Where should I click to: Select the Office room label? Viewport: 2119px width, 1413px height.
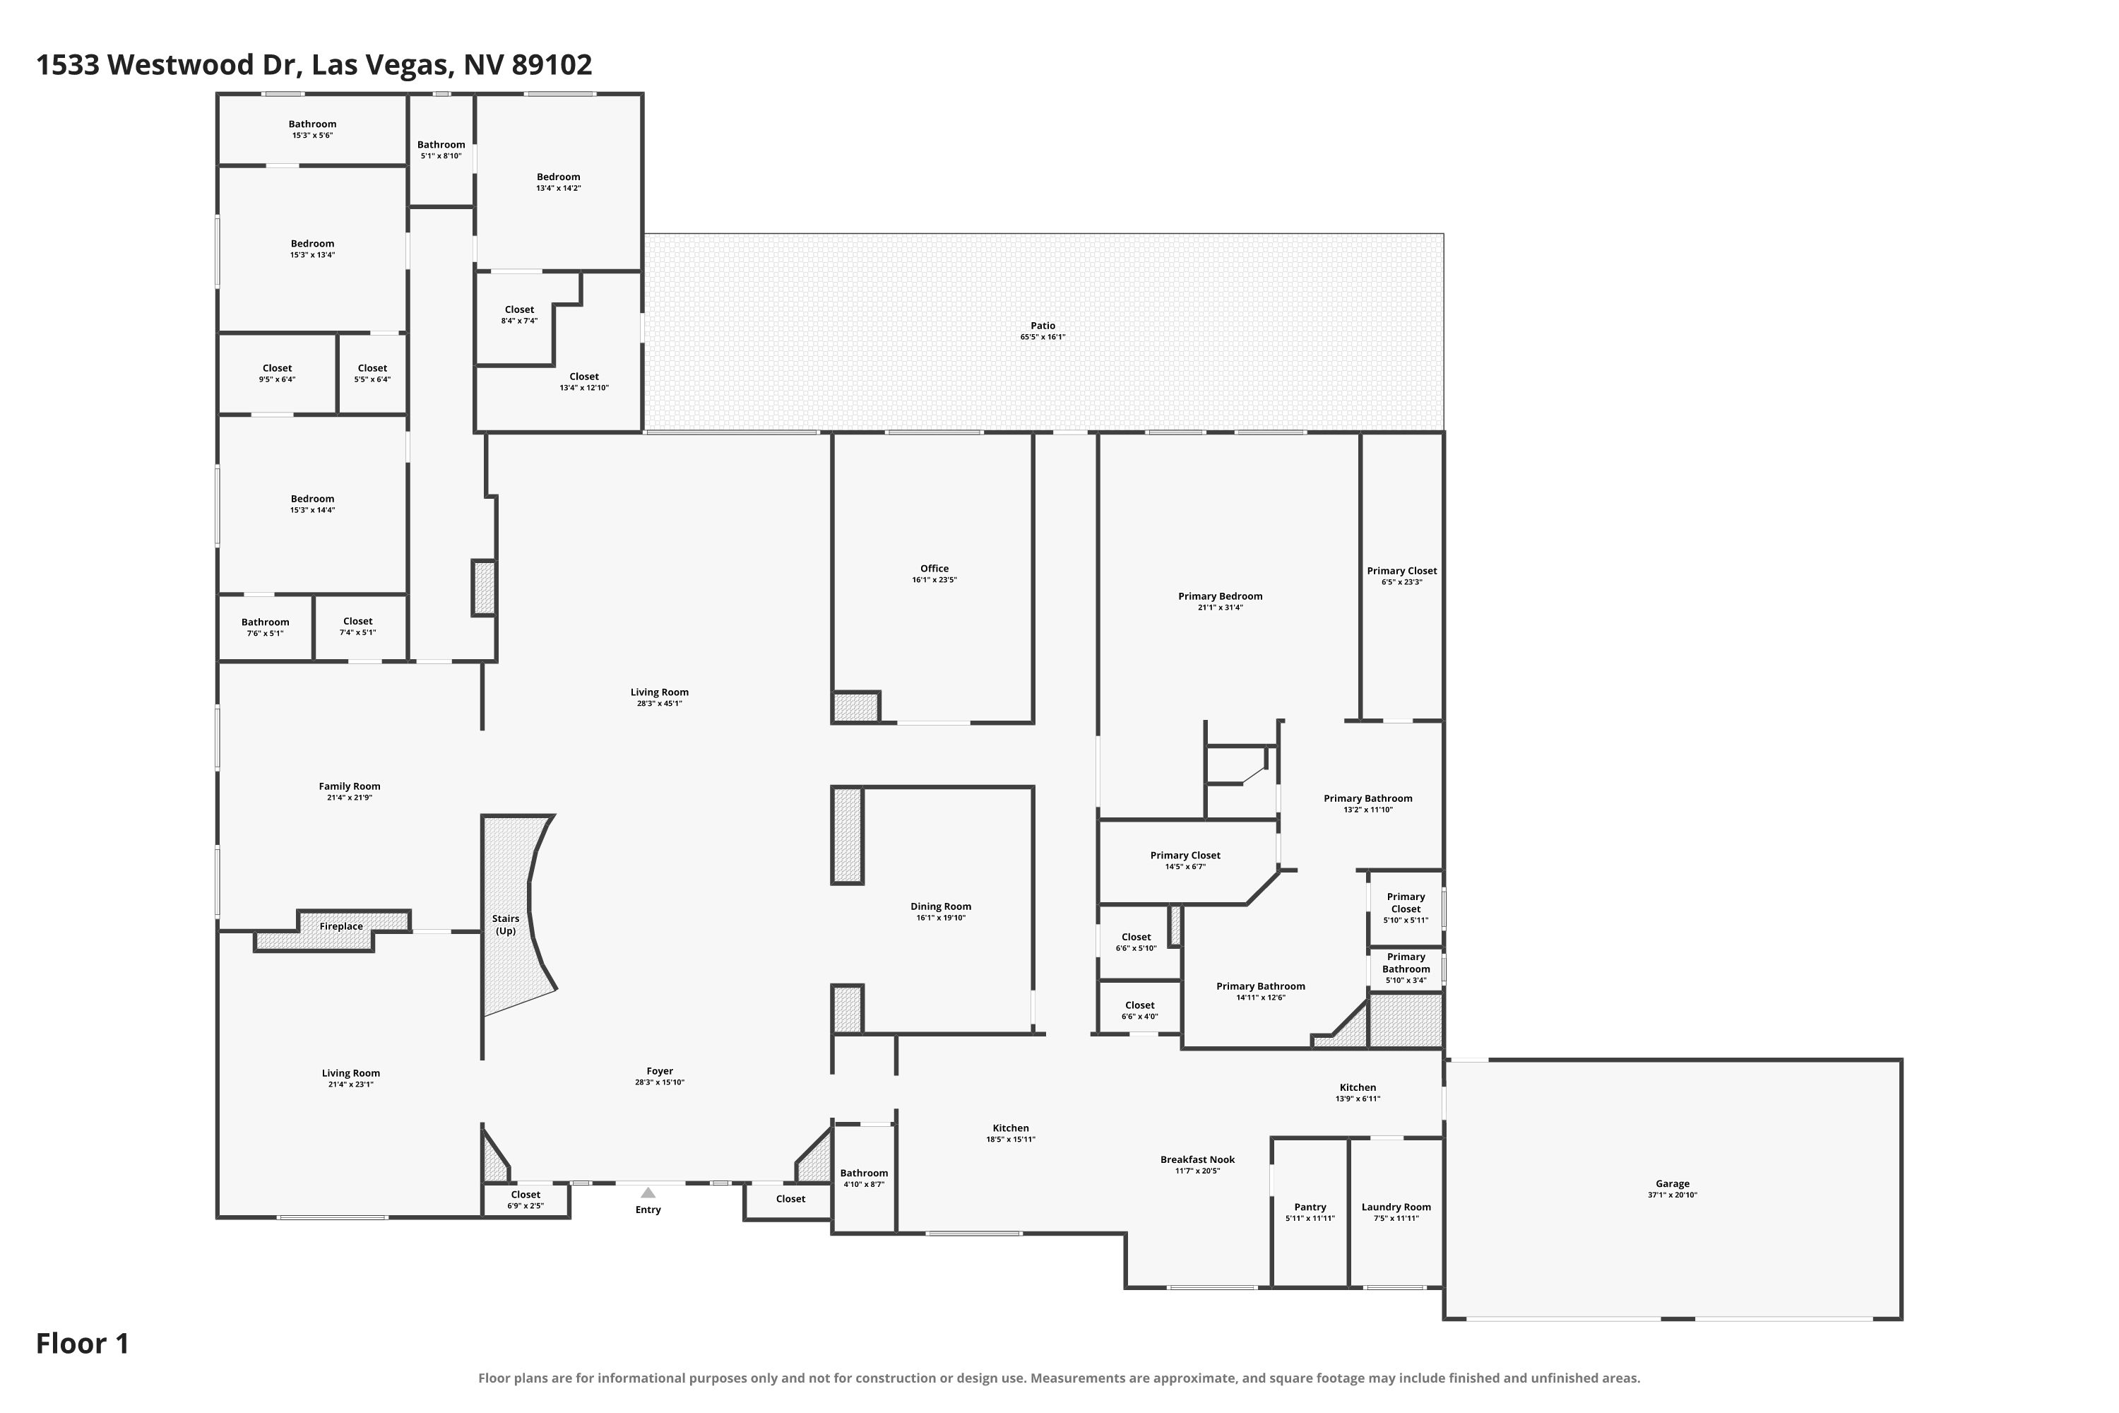point(934,568)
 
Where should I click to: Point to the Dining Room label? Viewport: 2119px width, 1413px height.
point(941,906)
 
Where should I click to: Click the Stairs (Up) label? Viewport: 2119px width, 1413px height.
point(506,925)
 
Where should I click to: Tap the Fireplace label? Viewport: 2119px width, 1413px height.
point(340,926)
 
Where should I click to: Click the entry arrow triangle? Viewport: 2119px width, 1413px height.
point(648,1193)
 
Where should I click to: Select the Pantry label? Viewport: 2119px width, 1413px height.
point(1310,1207)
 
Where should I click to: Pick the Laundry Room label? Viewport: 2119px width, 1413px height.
point(1396,1207)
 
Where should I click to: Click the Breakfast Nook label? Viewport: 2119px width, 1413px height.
point(1197,1160)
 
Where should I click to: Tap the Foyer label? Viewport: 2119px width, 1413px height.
point(660,1072)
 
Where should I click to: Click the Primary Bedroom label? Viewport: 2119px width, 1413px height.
point(1220,596)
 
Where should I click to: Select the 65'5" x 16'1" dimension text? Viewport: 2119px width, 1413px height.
point(1043,337)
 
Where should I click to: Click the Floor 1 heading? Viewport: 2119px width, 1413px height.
point(83,1344)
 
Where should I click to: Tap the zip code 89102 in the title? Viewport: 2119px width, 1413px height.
point(552,65)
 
